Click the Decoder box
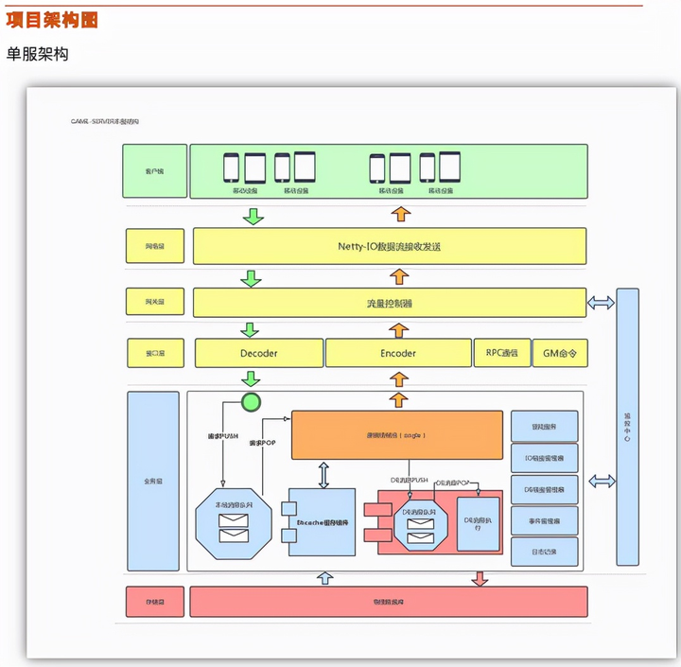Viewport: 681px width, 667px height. (258, 353)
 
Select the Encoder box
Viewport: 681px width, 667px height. (398, 353)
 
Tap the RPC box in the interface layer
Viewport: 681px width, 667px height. (500, 353)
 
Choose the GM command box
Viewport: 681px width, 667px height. (559, 353)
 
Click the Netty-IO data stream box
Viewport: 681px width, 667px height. (389, 246)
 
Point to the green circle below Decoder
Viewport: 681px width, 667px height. (251, 403)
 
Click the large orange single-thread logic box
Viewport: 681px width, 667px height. (396, 435)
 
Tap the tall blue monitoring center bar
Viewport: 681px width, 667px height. (627, 427)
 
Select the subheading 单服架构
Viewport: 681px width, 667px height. (38, 54)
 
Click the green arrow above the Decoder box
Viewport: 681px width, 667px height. (251, 329)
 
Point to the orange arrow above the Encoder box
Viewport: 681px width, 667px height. (399, 329)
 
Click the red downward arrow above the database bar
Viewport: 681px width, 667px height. (480, 577)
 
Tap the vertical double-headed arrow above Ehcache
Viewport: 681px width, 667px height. (323, 474)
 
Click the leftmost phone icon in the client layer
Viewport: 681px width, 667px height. (231, 167)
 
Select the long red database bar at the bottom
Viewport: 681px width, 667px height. (389, 602)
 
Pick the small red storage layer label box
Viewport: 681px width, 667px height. (153, 602)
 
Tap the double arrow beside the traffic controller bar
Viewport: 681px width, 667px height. (601, 303)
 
